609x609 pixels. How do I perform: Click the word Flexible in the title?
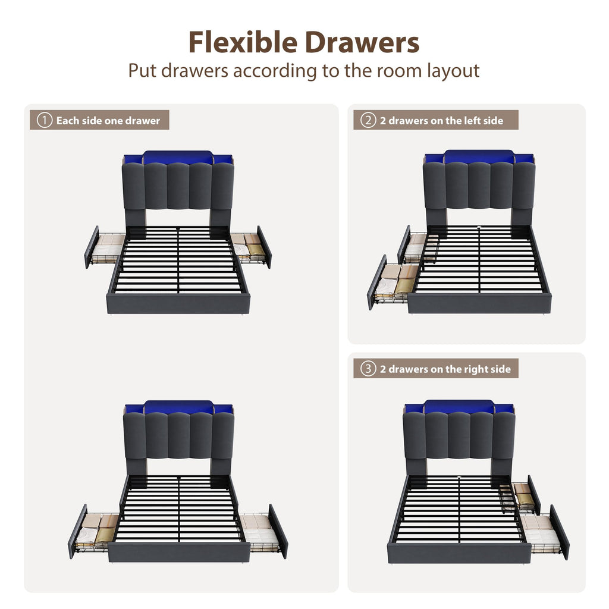243,42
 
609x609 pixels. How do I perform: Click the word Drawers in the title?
362,42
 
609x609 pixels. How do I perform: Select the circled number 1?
44,120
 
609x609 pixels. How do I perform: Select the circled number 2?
368,120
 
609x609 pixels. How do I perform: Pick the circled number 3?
368,369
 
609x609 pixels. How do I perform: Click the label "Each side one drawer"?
108,120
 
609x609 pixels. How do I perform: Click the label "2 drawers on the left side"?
442,120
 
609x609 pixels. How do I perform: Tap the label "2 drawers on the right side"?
445,369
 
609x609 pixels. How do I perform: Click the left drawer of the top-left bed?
104,247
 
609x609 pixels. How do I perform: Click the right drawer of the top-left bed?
252,247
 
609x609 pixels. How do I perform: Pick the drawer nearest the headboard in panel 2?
417,244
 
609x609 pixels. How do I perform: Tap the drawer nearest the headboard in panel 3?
520,495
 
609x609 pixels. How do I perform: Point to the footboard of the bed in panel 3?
459,553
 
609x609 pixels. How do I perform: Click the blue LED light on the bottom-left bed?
178,407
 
